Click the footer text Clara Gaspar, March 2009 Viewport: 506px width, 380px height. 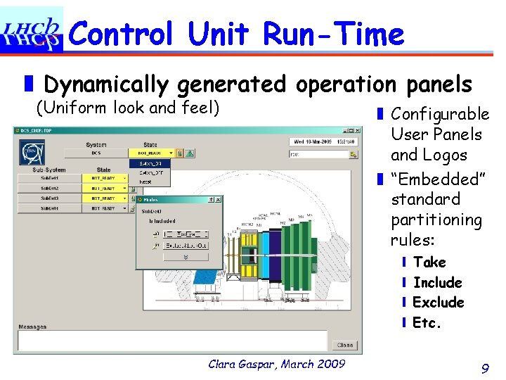click(x=277, y=363)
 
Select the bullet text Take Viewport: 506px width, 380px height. click(x=429, y=262)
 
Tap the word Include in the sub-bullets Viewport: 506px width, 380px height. click(x=437, y=282)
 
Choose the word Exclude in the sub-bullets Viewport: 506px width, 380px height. click(x=439, y=303)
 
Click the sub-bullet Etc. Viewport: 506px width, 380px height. click(x=427, y=323)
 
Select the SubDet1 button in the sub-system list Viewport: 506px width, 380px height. click(x=48, y=178)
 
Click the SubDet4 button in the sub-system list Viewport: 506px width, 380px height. click(x=48, y=209)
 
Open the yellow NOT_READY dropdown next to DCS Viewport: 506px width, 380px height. click(x=148, y=153)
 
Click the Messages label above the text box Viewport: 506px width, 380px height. click(x=32, y=327)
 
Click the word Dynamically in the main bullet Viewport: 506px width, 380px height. click(x=106, y=84)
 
